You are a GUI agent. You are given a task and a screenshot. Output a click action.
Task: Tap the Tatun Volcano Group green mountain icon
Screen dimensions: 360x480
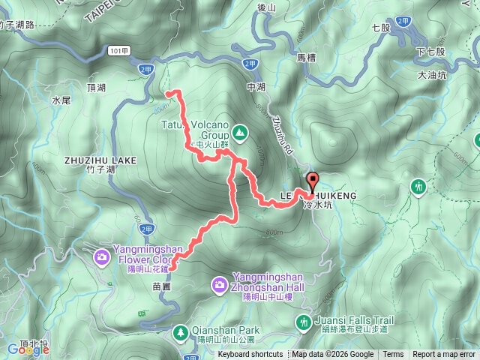(239, 133)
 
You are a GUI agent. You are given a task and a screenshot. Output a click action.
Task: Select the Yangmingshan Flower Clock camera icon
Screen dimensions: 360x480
(101, 258)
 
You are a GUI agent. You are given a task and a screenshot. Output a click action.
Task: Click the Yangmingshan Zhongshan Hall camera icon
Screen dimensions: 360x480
(219, 284)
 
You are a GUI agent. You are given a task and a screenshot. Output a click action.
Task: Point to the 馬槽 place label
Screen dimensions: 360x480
(307, 56)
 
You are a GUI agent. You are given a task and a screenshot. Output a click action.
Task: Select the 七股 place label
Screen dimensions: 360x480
(381, 28)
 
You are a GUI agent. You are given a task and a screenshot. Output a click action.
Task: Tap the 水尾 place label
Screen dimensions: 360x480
(61, 99)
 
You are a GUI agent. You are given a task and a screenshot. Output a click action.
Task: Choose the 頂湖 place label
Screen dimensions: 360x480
(97, 88)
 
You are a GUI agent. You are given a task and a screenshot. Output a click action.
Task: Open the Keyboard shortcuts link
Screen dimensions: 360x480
(250, 355)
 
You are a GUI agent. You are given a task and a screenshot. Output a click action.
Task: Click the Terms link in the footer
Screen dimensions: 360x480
(393, 355)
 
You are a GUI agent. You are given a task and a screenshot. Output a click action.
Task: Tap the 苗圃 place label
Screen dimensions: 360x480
(162, 286)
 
